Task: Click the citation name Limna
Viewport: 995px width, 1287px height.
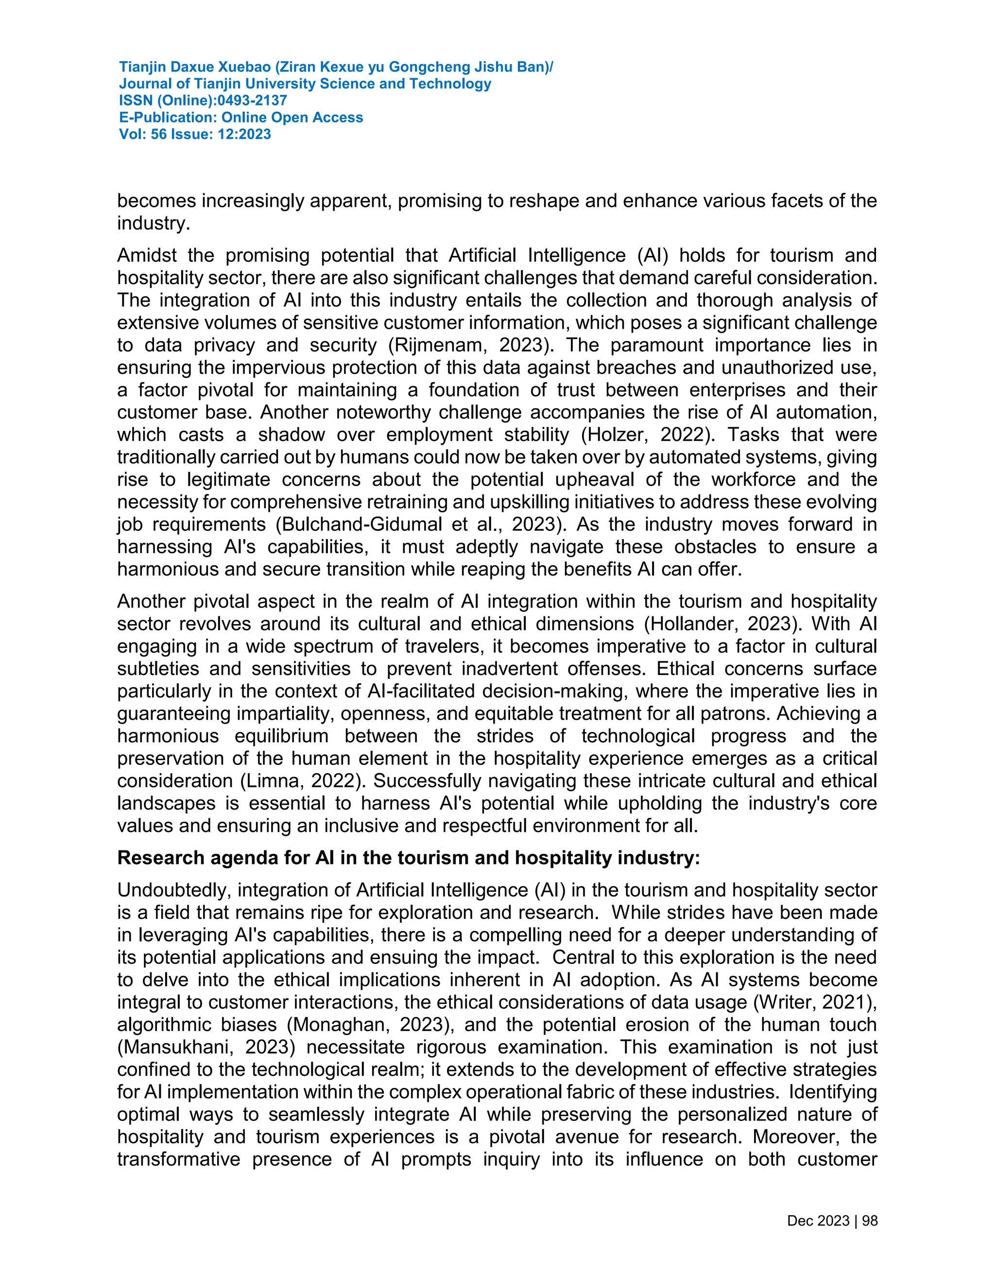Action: [x=271, y=781]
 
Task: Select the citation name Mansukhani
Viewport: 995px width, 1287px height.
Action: [x=179, y=1047]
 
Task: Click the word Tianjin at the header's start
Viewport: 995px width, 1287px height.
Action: [x=142, y=67]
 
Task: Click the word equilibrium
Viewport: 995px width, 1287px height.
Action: [x=281, y=736]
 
